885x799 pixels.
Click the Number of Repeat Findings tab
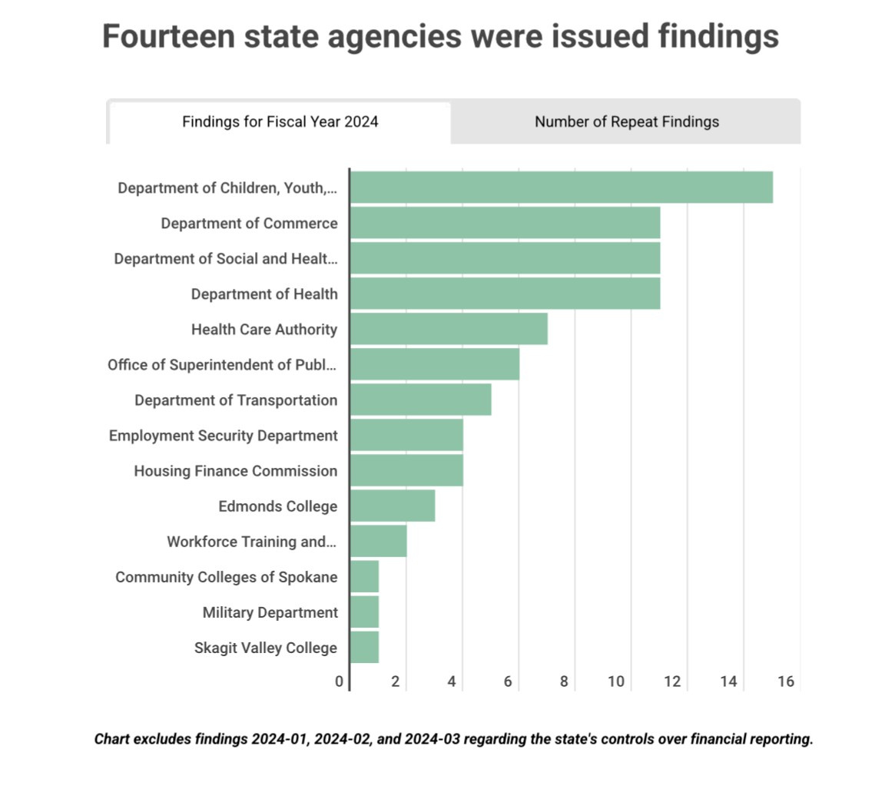(x=626, y=121)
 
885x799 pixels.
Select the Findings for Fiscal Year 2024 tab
(x=280, y=121)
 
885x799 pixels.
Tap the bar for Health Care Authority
(x=449, y=329)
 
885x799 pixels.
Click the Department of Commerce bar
(x=505, y=223)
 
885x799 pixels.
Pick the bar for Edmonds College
(x=393, y=506)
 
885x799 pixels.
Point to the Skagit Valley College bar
(x=364, y=648)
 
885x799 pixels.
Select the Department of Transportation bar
(x=420, y=400)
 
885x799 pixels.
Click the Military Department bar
(x=364, y=612)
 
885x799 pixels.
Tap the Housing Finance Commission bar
(x=406, y=471)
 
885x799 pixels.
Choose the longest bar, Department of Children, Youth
(x=561, y=187)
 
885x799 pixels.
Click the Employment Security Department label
(x=223, y=436)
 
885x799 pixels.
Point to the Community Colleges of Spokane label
(x=226, y=577)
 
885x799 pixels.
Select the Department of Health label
(x=264, y=293)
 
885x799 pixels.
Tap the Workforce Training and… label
(x=251, y=542)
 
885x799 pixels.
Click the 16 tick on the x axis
(x=785, y=681)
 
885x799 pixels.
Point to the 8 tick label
(x=564, y=681)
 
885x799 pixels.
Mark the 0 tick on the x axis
(x=340, y=681)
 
